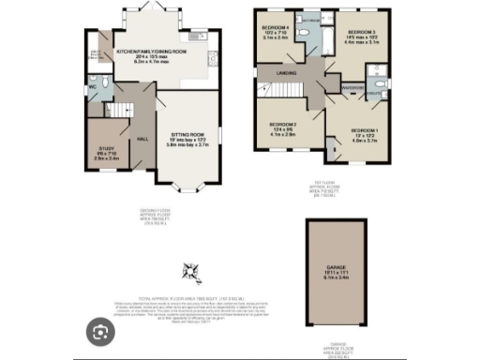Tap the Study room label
click(104, 151)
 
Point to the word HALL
click(143, 139)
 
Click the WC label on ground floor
click(91, 92)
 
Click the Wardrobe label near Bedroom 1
click(353, 90)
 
